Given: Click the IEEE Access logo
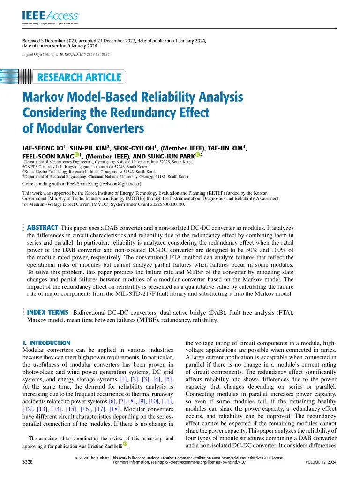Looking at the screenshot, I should click(51, 17).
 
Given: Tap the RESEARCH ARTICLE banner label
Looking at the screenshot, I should click(79, 77).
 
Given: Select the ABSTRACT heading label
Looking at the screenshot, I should click(43, 227).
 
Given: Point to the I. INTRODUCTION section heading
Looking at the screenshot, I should click(46, 343).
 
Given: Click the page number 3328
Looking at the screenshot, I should click(28, 462).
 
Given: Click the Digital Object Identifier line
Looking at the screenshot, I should click(66, 54).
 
